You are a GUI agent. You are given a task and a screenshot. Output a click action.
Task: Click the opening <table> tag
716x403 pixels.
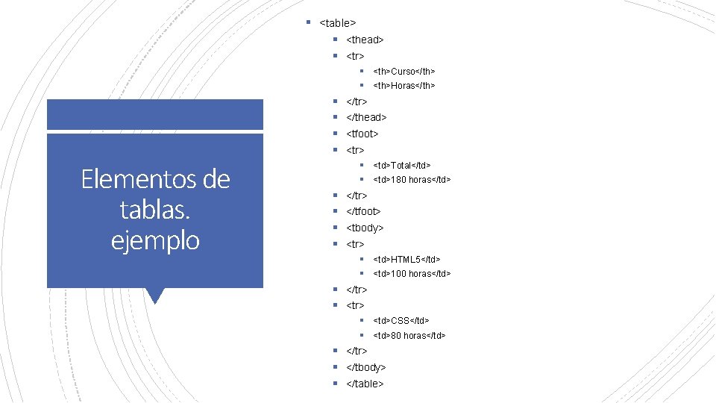pos(338,23)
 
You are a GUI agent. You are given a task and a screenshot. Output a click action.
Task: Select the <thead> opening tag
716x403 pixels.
pos(365,40)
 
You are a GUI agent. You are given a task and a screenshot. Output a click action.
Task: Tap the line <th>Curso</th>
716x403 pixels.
pos(403,71)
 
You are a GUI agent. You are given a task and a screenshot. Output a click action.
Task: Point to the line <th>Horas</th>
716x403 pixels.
pos(403,86)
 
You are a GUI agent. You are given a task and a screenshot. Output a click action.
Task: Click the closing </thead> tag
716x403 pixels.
pos(366,117)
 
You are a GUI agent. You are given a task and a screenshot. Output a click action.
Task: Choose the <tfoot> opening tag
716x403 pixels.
pos(362,134)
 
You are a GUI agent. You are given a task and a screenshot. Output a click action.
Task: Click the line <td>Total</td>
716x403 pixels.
pos(401,165)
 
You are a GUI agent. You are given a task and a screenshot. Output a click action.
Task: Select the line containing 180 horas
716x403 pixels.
pos(412,180)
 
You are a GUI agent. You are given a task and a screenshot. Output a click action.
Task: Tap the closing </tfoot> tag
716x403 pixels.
pos(364,211)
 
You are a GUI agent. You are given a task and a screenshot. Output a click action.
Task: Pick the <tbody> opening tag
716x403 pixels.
pos(365,228)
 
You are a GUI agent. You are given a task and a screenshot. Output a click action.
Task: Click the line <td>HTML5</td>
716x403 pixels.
pos(406,259)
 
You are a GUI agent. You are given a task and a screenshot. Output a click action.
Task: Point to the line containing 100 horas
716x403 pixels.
pos(412,274)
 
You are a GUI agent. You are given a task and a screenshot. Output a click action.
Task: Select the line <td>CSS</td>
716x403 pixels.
pos(401,320)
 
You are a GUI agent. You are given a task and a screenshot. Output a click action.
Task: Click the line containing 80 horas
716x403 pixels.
pos(409,336)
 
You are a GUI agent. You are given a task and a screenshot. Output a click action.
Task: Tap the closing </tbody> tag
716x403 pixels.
pos(366,367)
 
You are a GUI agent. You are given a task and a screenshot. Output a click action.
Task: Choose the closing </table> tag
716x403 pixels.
pos(365,384)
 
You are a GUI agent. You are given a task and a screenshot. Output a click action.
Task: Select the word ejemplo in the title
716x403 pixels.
pos(155,240)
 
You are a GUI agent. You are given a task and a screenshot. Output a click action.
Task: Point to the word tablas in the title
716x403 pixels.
pos(153,210)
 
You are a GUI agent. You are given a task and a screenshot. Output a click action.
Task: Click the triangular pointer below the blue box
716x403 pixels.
pos(155,295)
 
